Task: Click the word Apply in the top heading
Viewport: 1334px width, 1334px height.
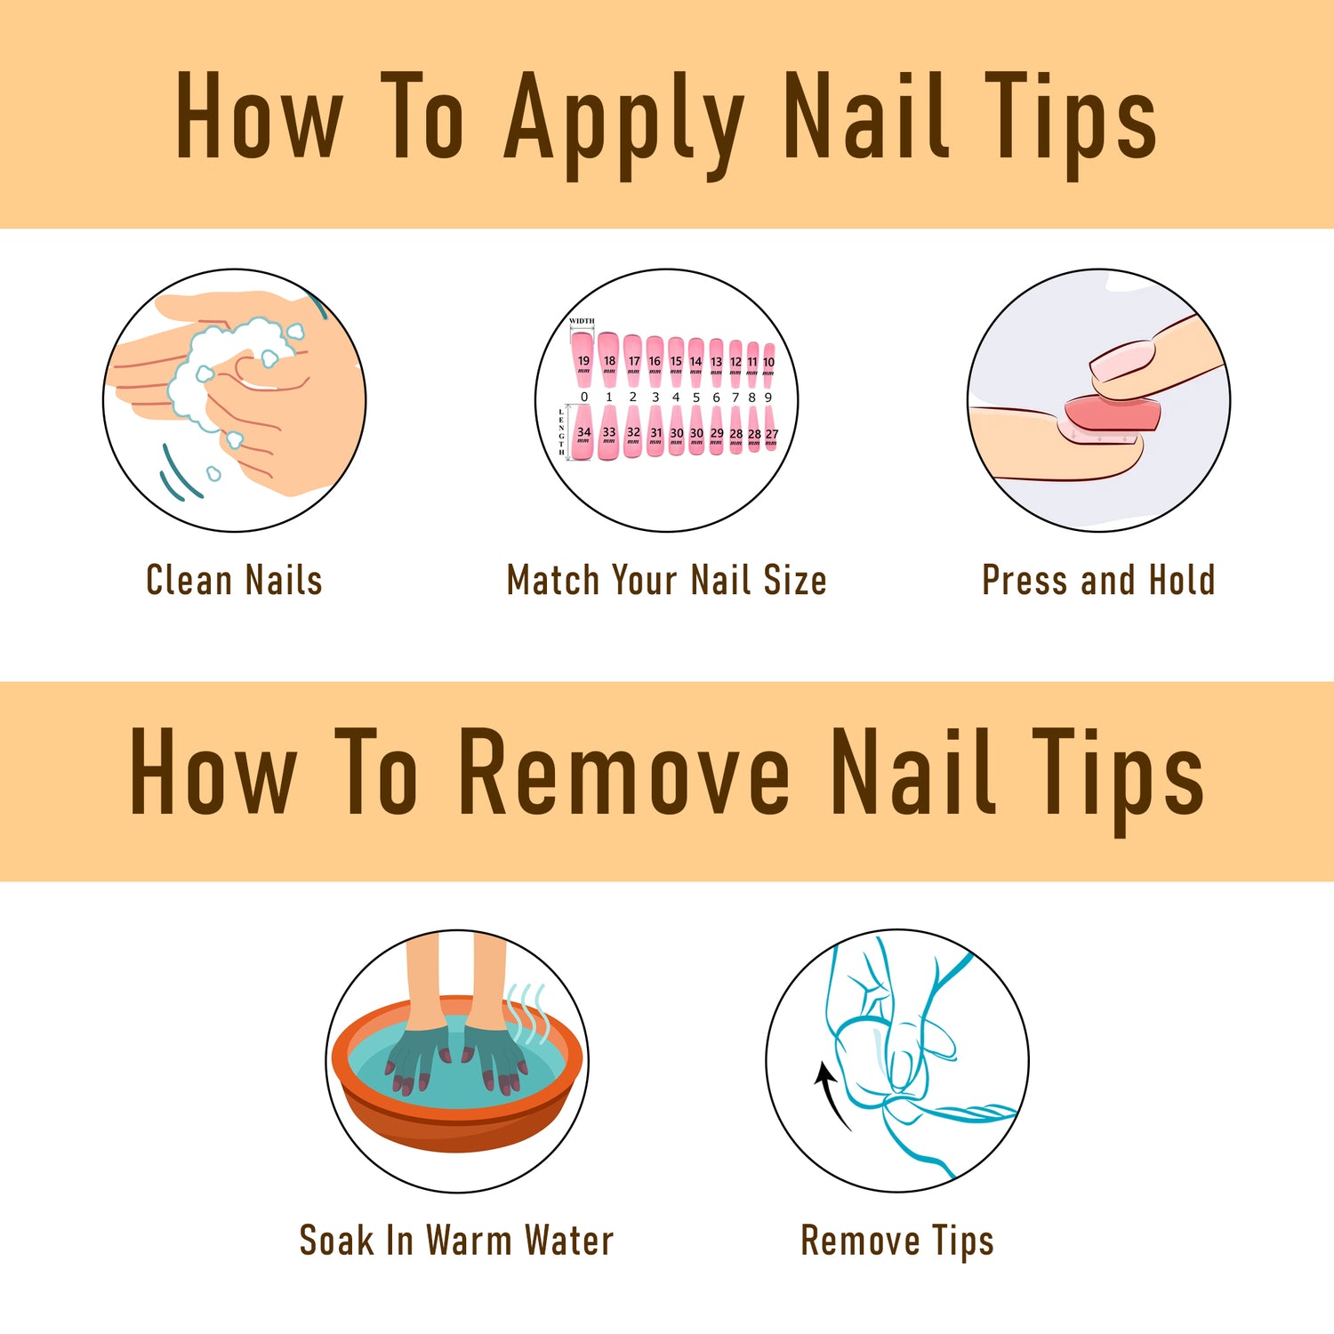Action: click(x=623, y=120)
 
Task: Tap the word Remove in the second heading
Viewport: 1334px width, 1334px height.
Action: click(x=623, y=772)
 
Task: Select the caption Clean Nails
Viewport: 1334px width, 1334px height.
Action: click(x=234, y=581)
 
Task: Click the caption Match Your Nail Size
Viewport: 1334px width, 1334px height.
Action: click(x=666, y=581)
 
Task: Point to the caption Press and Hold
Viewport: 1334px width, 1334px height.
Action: click(x=1097, y=581)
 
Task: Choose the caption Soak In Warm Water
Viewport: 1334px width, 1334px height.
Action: click(x=456, y=1241)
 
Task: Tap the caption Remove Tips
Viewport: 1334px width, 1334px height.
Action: click(x=896, y=1241)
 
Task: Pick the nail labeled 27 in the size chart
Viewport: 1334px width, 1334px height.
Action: click(x=771, y=432)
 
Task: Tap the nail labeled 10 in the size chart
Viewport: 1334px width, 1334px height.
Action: click(x=768, y=359)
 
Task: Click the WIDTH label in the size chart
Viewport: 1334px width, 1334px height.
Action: click(x=582, y=321)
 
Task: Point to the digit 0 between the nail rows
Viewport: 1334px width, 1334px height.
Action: click(x=584, y=398)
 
